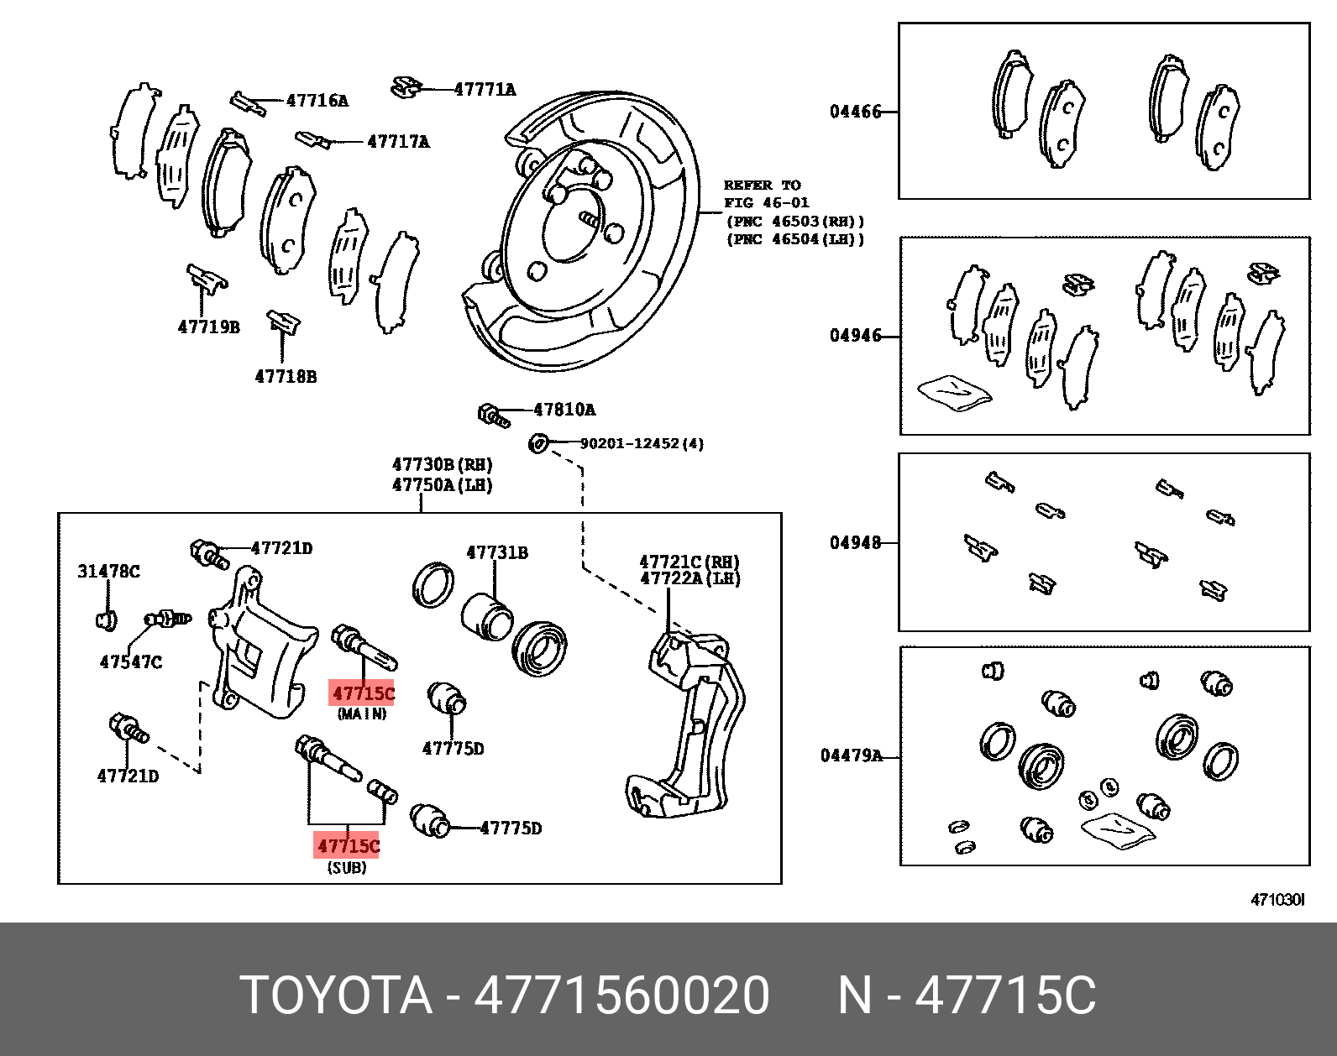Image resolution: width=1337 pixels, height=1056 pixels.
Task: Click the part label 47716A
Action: tap(317, 101)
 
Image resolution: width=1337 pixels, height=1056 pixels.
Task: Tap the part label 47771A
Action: tap(485, 89)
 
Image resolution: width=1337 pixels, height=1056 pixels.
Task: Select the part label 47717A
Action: tap(398, 142)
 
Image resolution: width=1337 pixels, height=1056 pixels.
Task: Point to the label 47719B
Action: tap(208, 327)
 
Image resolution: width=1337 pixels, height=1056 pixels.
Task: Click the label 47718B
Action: tap(286, 377)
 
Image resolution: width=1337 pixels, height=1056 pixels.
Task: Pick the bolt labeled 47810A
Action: tap(493, 415)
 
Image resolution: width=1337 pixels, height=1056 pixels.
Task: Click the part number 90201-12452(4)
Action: tap(642, 443)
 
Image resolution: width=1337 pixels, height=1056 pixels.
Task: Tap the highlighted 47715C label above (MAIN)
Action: tap(363, 693)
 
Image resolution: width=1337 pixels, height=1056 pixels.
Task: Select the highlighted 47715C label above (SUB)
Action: tap(348, 845)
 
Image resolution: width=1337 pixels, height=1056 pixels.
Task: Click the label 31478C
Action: tap(108, 572)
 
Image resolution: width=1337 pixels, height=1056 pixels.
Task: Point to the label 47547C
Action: tap(130, 662)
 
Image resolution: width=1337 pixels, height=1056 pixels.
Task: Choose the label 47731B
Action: tap(497, 552)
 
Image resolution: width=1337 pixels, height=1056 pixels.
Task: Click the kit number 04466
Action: tap(855, 112)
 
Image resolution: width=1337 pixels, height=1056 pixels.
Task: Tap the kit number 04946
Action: tap(855, 336)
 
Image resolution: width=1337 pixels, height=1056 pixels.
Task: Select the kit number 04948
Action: tap(855, 543)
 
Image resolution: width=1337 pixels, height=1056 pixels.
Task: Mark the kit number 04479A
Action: tap(851, 756)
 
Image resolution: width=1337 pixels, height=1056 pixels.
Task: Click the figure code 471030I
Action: tap(1277, 900)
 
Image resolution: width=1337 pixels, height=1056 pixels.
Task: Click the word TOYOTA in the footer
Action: tap(335, 996)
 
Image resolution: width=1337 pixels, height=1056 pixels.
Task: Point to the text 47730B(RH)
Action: tap(442, 465)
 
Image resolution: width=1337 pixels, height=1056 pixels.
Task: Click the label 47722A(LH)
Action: tap(689, 578)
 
